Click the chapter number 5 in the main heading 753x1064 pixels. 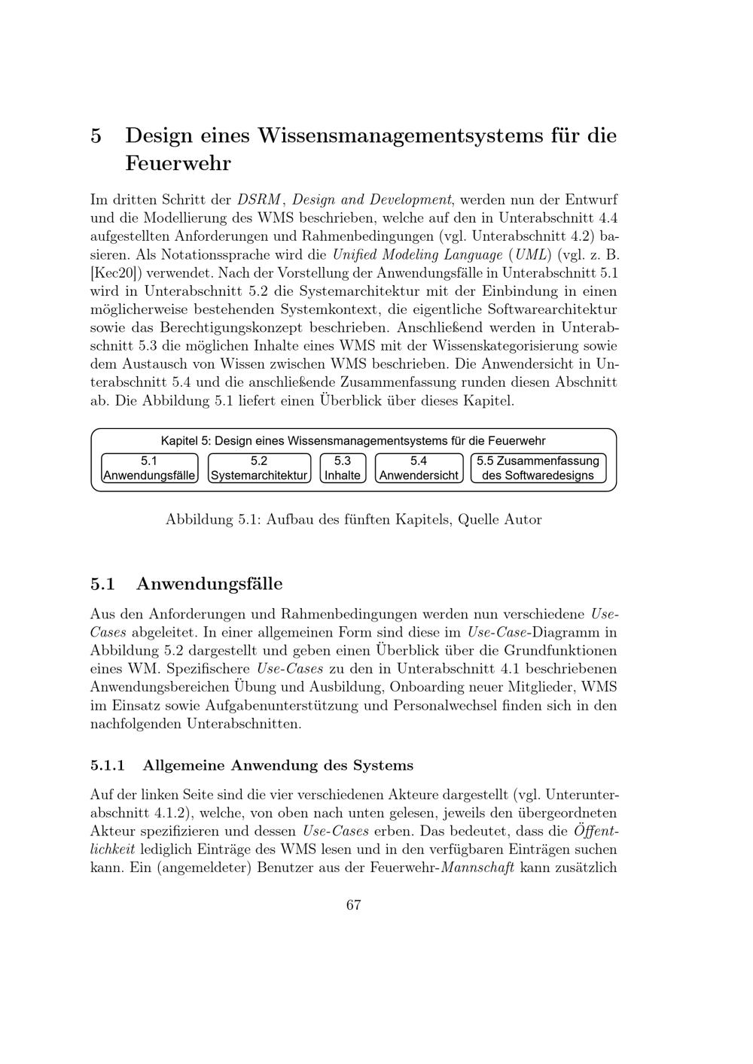[96, 136]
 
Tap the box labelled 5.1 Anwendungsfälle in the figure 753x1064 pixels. [149, 468]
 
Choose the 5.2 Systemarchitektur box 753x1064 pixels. [259, 468]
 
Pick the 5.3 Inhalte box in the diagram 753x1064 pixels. [343, 468]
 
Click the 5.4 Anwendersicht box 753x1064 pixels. [419, 468]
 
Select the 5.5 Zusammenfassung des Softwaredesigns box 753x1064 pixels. [538, 468]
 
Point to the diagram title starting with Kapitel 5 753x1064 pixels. [353, 441]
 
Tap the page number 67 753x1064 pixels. [354, 905]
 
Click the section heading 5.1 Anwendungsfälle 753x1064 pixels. [187, 584]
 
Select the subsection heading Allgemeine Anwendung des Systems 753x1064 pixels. [278, 766]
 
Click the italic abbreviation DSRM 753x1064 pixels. [259, 200]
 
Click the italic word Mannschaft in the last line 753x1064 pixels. [477, 868]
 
